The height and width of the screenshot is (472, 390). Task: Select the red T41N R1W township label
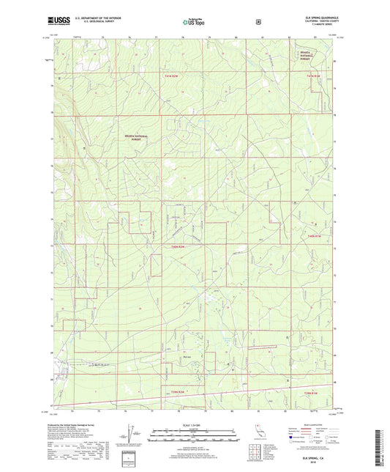tap(315, 75)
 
